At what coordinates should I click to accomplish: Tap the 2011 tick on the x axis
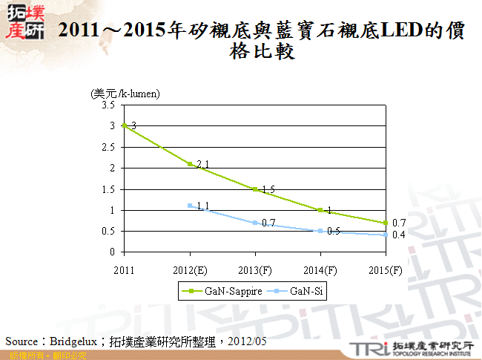(124, 268)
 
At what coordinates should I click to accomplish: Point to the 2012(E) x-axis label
(189, 268)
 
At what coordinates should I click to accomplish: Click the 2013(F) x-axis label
(254, 268)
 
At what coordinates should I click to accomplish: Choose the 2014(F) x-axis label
(320, 268)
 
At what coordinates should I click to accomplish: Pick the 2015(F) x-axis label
(385, 268)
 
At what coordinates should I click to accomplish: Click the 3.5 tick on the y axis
(108, 105)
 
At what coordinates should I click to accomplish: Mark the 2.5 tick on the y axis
(108, 147)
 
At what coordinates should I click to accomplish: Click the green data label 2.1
(203, 164)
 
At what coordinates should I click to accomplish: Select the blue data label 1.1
(203, 206)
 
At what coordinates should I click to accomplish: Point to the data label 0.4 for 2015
(398, 235)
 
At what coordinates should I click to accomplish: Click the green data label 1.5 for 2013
(268, 190)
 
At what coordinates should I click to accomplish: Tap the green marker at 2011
(124, 125)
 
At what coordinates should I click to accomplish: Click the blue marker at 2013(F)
(254, 223)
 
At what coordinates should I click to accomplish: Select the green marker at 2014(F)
(320, 210)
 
